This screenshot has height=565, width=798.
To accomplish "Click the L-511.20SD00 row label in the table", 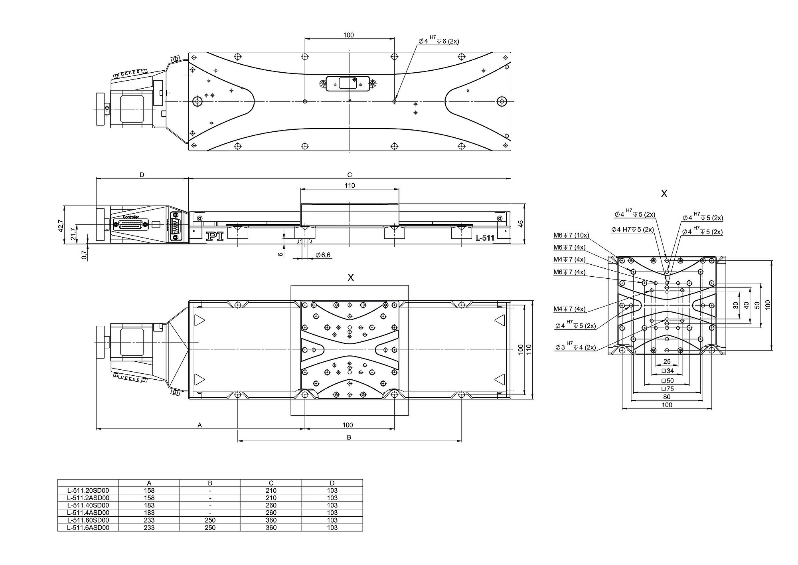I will coord(88,490).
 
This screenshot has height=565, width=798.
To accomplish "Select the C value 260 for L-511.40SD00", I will coord(271,505).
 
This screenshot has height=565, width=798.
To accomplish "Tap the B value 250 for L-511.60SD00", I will coord(210,520).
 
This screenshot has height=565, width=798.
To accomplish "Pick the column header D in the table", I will coord(332,483).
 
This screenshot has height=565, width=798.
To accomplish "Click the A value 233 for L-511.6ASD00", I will coord(149,527).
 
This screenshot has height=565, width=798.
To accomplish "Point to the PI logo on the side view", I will coord(214,236).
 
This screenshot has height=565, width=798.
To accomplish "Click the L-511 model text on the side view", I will coord(485,238).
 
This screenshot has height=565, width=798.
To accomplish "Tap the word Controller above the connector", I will coord(131,217).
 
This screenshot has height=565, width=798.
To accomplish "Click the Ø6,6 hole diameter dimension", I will coord(323,255).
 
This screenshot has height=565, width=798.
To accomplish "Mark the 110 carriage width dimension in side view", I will coord(350,185).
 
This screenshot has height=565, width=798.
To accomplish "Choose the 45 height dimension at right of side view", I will coord(520,224).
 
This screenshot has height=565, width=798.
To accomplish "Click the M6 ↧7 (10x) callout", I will coord(571,235).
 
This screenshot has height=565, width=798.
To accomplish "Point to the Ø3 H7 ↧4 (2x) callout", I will coord(575,347).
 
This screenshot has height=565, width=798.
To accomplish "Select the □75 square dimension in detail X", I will coord(668,389).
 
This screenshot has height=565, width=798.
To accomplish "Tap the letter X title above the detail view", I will coord(664,194).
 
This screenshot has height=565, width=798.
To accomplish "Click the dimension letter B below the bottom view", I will coord(349,437).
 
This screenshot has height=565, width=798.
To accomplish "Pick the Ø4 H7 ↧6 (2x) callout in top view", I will coord(439,41).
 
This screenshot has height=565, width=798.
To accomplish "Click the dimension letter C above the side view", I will coord(350,174).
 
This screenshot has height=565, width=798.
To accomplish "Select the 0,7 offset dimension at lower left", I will coord(84,255).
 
